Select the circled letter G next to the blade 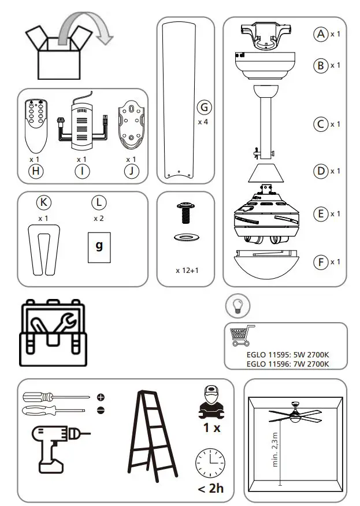point(203,108)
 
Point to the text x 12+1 point(187,270)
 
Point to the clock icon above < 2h point(210,462)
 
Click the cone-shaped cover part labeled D point(266,172)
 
